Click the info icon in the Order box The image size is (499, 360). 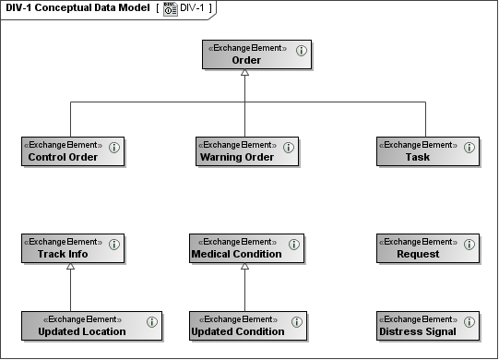pyautogui.click(x=302, y=51)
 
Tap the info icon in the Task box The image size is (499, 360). pyautogui.click(x=469, y=147)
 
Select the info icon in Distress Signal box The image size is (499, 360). pyautogui.click(x=469, y=321)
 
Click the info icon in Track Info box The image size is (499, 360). pyautogui.click(x=114, y=244)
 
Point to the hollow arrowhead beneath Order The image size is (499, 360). pyautogui.click(x=244, y=74)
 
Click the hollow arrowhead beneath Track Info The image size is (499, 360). pyautogui.click(x=71, y=268)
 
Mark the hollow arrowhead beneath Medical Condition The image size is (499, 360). pyautogui.click(x=244, y=268)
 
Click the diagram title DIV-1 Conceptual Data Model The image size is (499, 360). pyautogui.click(x=77, y=7)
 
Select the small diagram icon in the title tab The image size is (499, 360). pyautogui.click(x=171, y=8)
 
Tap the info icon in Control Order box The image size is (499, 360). pyautogui.click(x=114, y=147)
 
